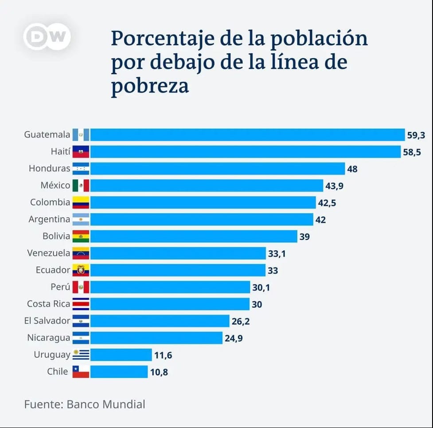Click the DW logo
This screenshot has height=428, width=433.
[47, 36]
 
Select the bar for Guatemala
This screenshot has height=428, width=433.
[248, 135]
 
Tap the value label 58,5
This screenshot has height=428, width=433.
[412, 152]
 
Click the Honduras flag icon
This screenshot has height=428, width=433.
[81, 169]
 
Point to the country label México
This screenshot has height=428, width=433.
[55, 185]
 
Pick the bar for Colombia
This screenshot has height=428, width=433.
[203, 202]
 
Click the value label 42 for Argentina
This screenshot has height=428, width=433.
[321, 219]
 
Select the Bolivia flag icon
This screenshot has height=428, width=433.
[81, 236]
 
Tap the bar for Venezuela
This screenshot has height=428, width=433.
[178, 253]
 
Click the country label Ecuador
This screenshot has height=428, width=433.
[53, 270]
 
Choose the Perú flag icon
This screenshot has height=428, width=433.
[81, 287]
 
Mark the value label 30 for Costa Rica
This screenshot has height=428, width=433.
[257, 304]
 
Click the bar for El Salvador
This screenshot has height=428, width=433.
[160, 321]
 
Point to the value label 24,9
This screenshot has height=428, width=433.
[234, 338]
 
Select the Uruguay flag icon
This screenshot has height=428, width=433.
[81, 354]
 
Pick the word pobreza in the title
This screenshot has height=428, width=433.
[150, 85]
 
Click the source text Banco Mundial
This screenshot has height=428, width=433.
[106, 404]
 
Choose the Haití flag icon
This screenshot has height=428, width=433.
[81, 152]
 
